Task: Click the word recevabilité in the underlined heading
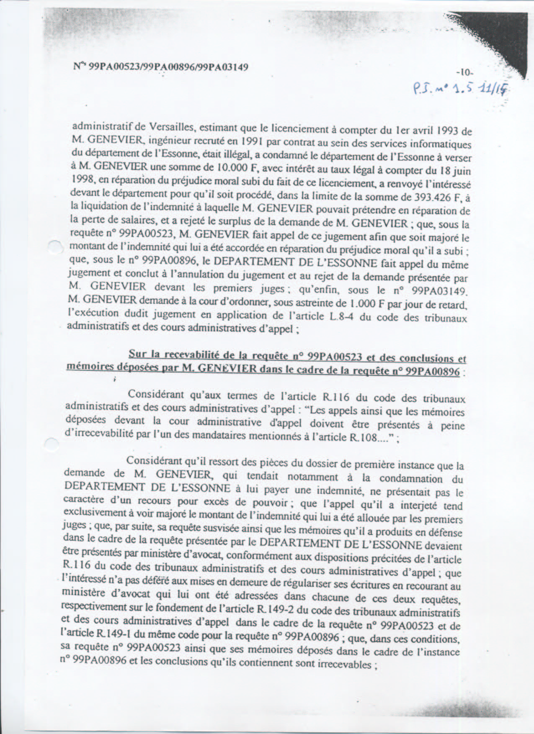point(186,355)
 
